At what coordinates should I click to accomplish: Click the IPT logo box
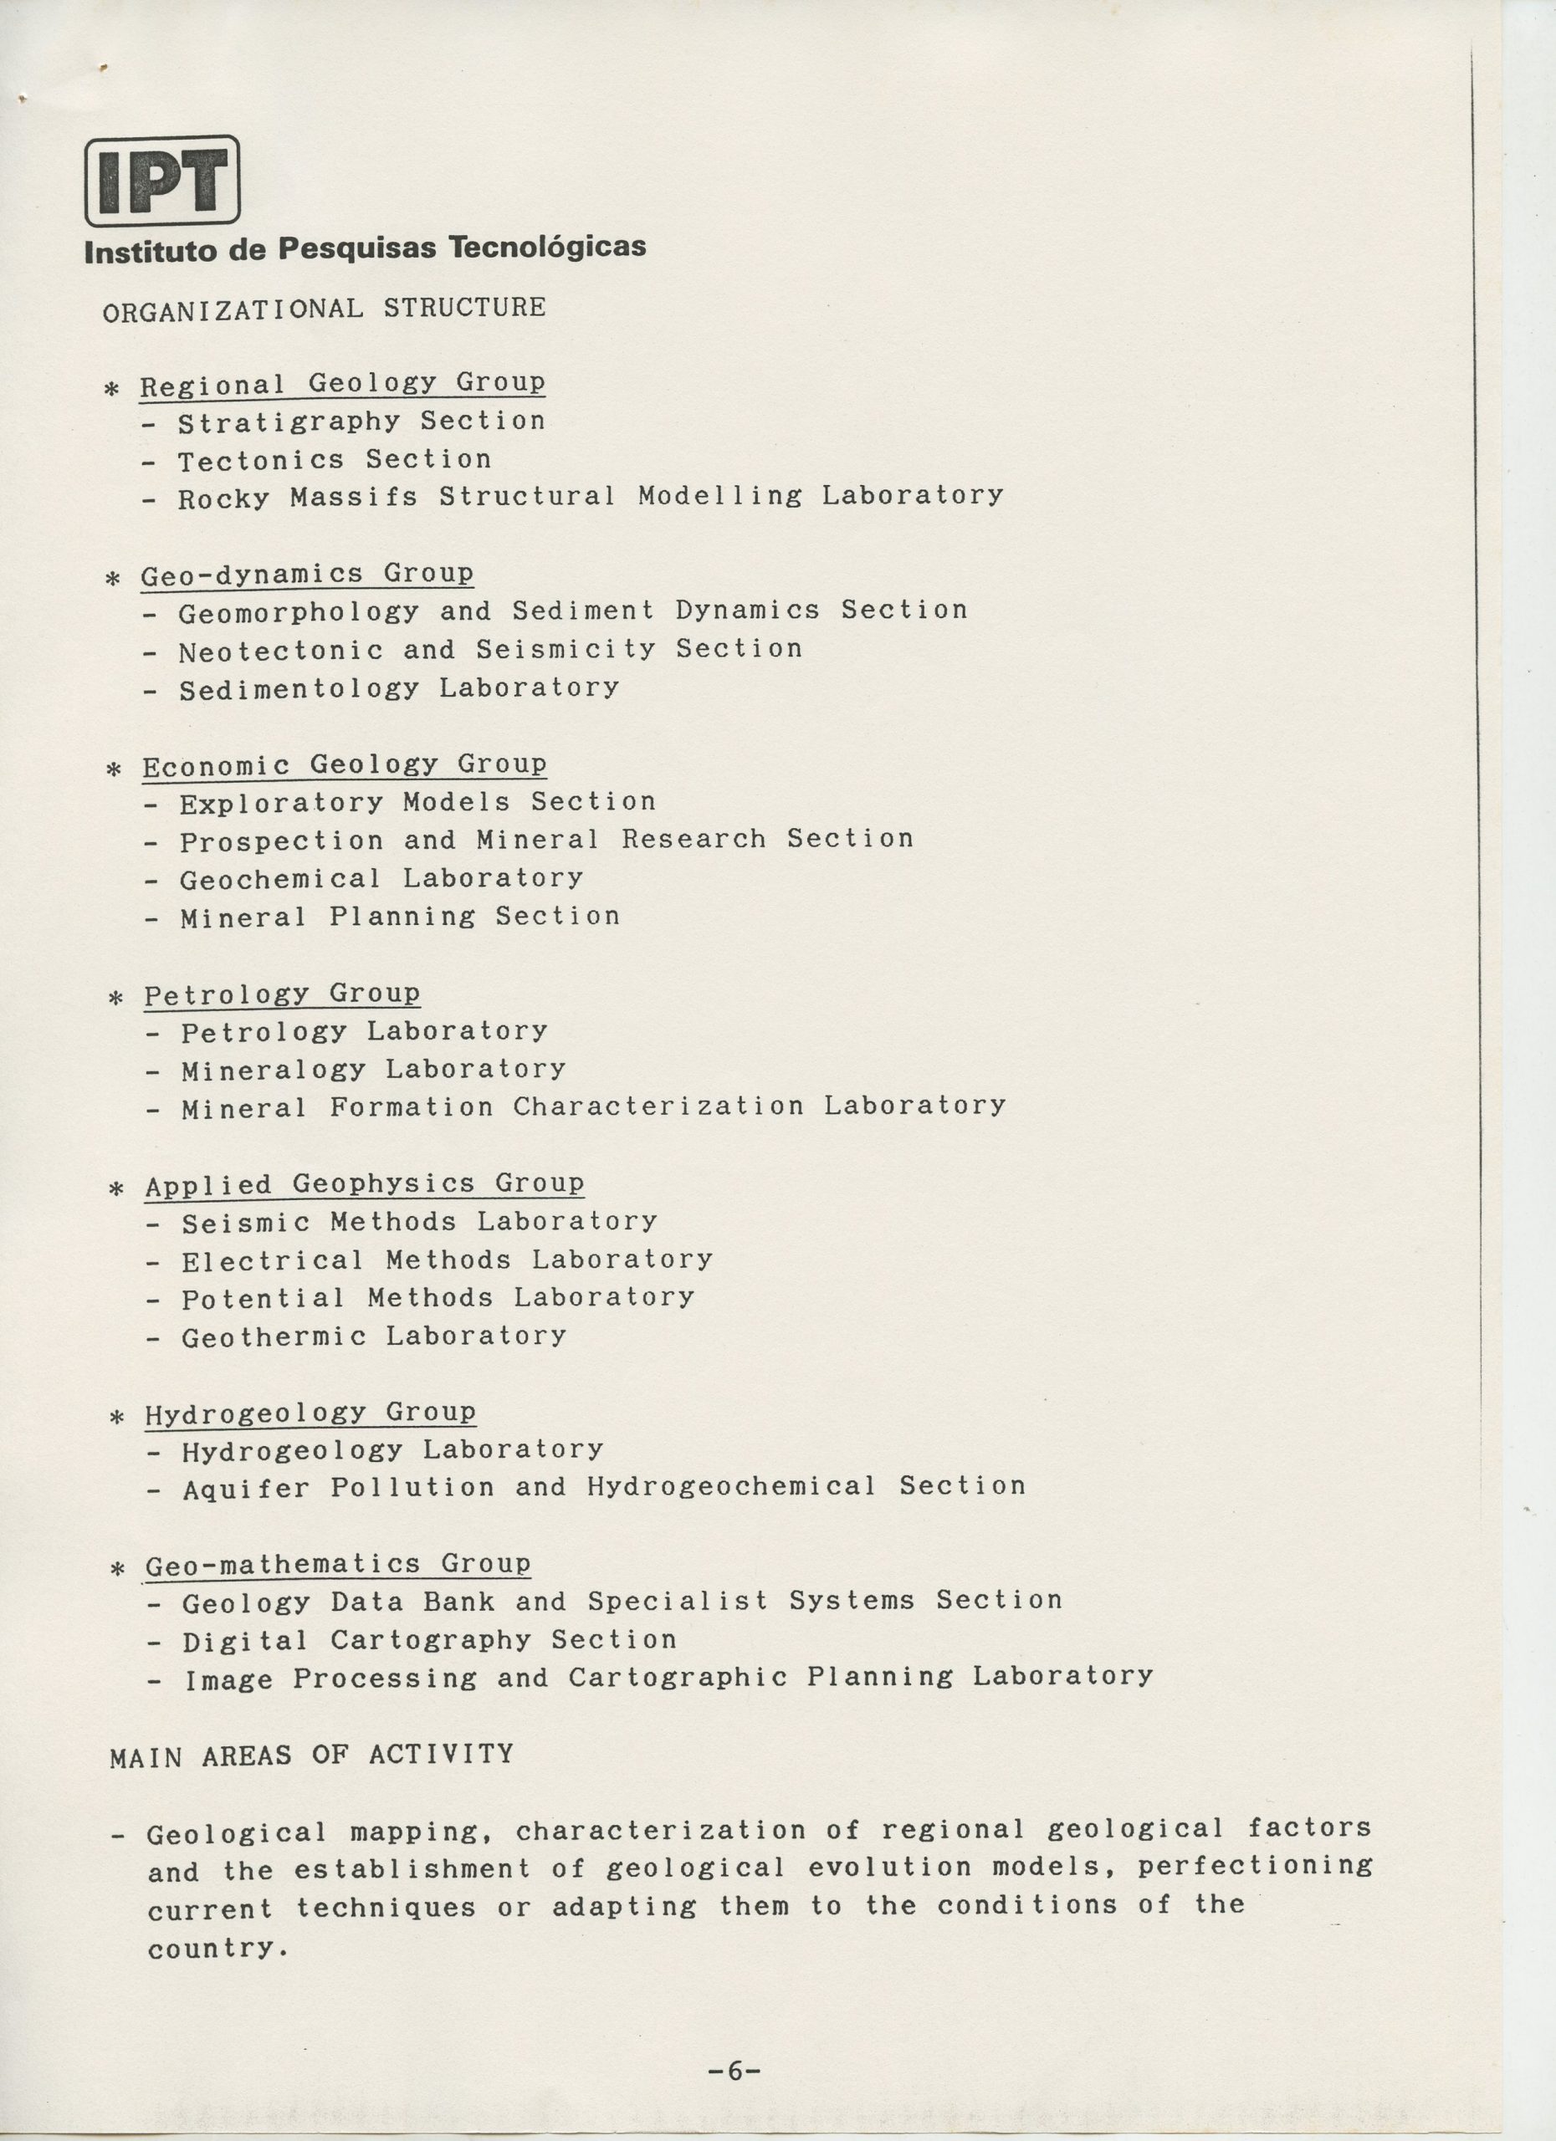click(162, 181)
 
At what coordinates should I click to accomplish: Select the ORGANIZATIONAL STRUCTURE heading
click(324, 309)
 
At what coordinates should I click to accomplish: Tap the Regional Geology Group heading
click(342, 383)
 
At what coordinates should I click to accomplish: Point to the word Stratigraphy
click(289, 422)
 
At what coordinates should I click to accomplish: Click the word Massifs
click(353, 498)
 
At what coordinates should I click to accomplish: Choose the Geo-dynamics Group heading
click(307, 574)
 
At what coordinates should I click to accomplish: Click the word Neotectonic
click(280, 651)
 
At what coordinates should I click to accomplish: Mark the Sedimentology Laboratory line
click(398, 688)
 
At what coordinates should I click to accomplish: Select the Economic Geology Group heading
click(345, 764)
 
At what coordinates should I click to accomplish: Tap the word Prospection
click(281, 841)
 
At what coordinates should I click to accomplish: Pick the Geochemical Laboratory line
click(381, 879)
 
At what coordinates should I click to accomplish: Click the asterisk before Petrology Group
click(116, 997)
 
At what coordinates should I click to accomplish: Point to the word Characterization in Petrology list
click(658, 1106)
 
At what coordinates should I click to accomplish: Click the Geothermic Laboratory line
click(374, 1336)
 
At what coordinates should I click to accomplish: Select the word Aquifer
click(245, 1489)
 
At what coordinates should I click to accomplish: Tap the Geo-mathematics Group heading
click(337, 1564)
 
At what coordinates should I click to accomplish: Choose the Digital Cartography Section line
click(428, 1641)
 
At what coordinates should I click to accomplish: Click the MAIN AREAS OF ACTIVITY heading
click(311, 1755)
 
